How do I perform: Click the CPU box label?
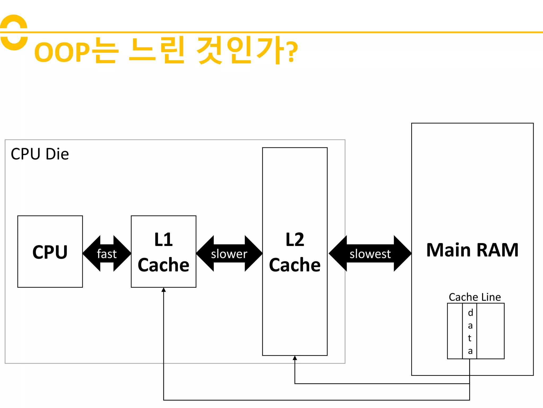pyautogui.click(x=50, y=252)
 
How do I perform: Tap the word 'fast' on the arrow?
pyautogui.click(x=107, y=254)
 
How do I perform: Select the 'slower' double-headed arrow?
pyautogui.click(x=229, y=254)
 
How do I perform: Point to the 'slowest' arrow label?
pyautogui.click(x=370, y=254)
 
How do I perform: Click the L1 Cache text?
pyautogui.click(x=164, y=252)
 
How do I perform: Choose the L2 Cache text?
pyautogui.click(x=295, y=252)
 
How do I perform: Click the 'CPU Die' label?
pyautogui.click(x=40, y=154)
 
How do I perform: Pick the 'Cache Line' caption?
pyautogui.click(x=475, y=297)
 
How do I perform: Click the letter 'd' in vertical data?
pyautogui.click(x=470, y=313)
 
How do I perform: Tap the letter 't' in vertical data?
pyautogui.click(x=470, y=338)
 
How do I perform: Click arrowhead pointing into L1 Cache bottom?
pyautogui.click(x=164, y=290)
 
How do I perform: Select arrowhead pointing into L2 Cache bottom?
pyautogui.click(x=295, y=358)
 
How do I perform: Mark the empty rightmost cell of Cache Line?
pyautogui.click(x=490, y=331)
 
